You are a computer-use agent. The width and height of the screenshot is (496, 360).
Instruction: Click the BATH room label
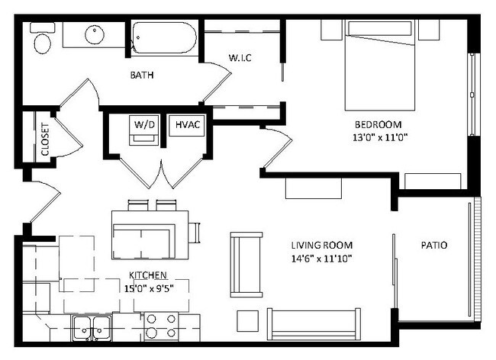[142, 76]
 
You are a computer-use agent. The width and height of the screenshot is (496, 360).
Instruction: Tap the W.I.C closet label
[240, 58]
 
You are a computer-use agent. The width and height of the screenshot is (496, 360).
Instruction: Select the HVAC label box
[187, 125]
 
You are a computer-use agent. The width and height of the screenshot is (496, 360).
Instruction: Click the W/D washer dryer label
[144, 124]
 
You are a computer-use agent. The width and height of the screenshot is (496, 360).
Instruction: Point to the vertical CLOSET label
[45, 140]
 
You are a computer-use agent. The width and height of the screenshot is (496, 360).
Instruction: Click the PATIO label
[434, 246]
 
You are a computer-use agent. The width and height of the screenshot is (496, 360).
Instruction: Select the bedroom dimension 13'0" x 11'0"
[379, 138]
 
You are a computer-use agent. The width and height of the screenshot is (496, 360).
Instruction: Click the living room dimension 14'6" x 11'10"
[322, 259]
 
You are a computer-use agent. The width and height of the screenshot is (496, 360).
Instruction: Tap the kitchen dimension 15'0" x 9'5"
[148, 288]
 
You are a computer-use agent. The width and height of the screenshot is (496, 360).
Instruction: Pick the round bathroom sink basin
[95, 34]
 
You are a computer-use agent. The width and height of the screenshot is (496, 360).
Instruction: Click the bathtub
[165, 37]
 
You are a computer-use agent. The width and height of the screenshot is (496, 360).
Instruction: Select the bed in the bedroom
[379, 65]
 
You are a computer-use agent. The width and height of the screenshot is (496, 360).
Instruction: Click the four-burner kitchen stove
[161, 327]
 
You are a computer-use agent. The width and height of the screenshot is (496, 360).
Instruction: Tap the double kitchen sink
[92, 329]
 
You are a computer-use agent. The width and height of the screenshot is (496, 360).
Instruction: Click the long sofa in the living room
[314, 324]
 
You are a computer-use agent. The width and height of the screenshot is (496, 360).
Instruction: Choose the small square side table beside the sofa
[248, 321]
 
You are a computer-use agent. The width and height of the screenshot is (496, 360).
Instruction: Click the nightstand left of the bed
[331, 30]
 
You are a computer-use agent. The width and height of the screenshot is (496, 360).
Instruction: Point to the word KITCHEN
[148, 275]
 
